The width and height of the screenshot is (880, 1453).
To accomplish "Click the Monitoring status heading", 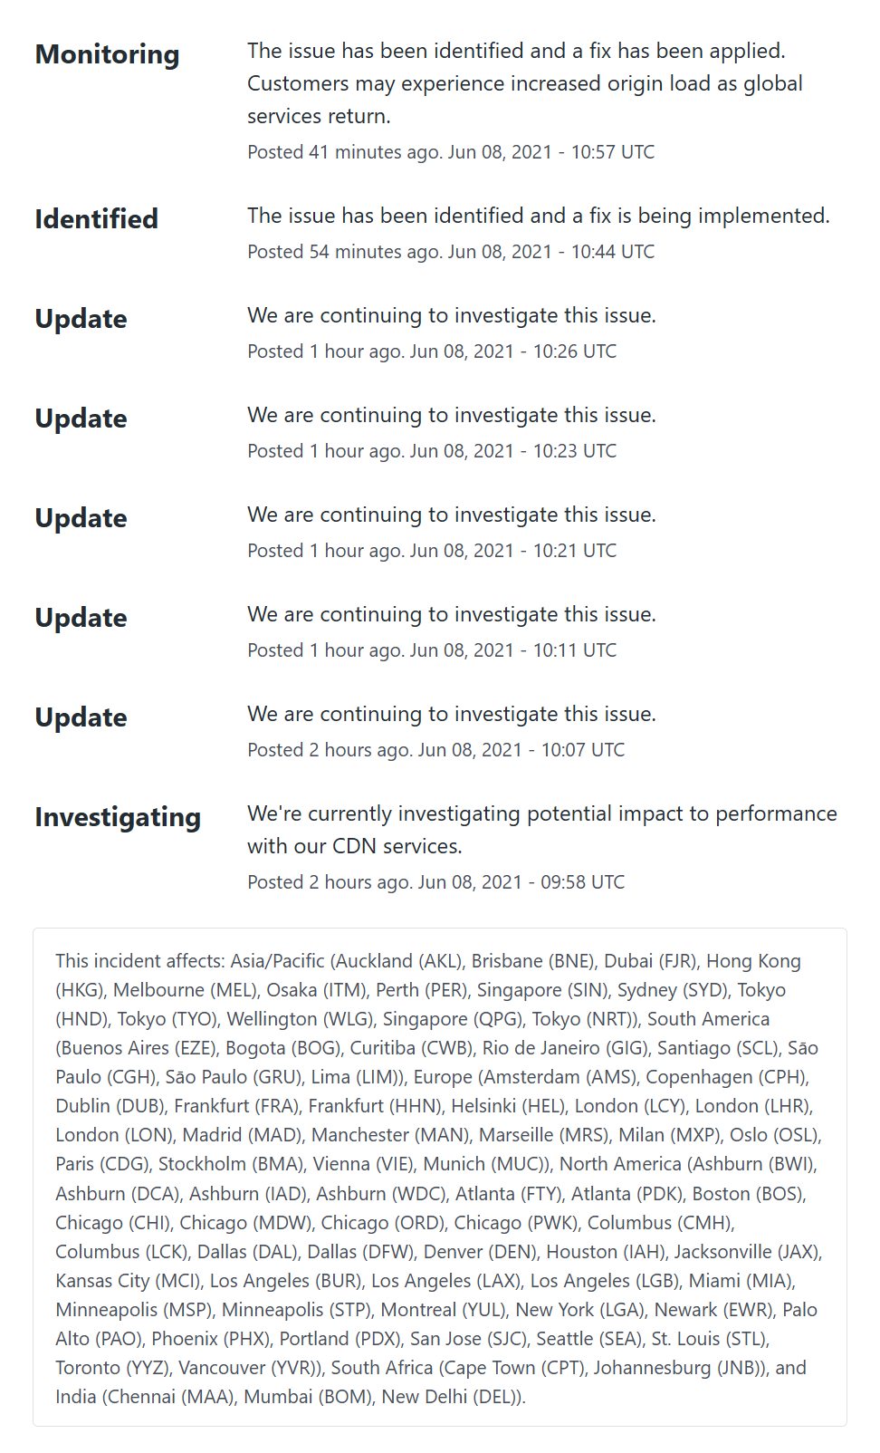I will [x=107, y=54].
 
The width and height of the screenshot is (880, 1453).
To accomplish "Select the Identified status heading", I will [x=96, y=219].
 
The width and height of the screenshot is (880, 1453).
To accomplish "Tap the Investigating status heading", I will [x=118, y=817].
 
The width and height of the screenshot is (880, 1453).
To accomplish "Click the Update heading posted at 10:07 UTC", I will [x=81, y=717].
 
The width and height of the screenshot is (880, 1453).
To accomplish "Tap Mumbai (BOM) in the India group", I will [x=308, y=1396].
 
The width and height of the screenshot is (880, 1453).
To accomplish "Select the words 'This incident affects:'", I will [x=139, y=961].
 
